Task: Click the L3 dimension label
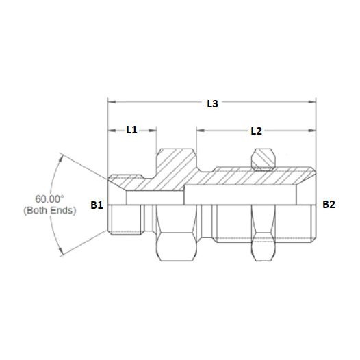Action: [x=212, y=104]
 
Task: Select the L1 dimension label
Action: [x=131, y=129]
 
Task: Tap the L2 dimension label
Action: [x=255, y=129]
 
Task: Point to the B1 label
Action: [x=97, y=204]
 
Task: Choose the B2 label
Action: [x=329, y=204]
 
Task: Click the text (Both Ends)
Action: [x=49, y=210]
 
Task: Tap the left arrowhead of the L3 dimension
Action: [x=110, y=104]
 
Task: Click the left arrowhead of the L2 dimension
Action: [x=199, y=129]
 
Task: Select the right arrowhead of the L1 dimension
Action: [x=155, y=129]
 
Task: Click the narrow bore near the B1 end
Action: [x=154, y=198]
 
